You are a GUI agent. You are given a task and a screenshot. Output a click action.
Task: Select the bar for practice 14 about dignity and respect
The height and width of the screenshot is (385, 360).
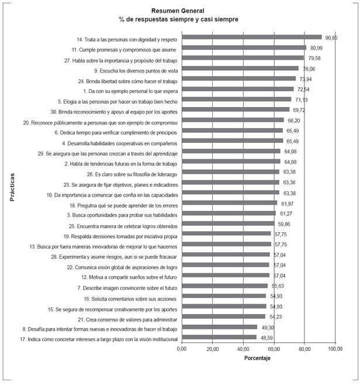pyautogui.click(x=252, y=37)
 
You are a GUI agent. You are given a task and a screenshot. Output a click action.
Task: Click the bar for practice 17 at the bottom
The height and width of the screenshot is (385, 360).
pyautogui.click(x=219, y=337)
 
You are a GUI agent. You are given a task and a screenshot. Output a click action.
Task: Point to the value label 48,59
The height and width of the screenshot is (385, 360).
pyautogui.click(x=265, y=338)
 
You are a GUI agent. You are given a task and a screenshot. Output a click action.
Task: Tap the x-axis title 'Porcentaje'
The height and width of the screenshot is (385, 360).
pyautogui.click(x=258, y=357)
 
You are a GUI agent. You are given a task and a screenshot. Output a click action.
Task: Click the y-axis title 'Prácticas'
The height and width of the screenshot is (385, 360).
pyautogui.click(x=12, y=187)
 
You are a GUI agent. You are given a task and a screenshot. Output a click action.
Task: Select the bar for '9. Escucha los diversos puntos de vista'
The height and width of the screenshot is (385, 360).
pyautogui.click(x=240, y=68)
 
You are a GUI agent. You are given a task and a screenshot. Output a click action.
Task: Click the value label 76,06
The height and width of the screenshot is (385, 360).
pyautogui.click(x=307, y=68)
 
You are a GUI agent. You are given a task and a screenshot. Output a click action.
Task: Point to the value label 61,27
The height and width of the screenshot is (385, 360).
pyautogui.click(x=285, y=214)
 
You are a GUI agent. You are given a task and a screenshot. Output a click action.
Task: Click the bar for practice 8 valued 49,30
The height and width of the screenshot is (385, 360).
pyautogui.click(x=220, y=327)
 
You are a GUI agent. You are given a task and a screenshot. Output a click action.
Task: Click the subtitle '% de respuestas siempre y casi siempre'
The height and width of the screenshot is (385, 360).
pyautogui.click(x=179, y=19)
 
